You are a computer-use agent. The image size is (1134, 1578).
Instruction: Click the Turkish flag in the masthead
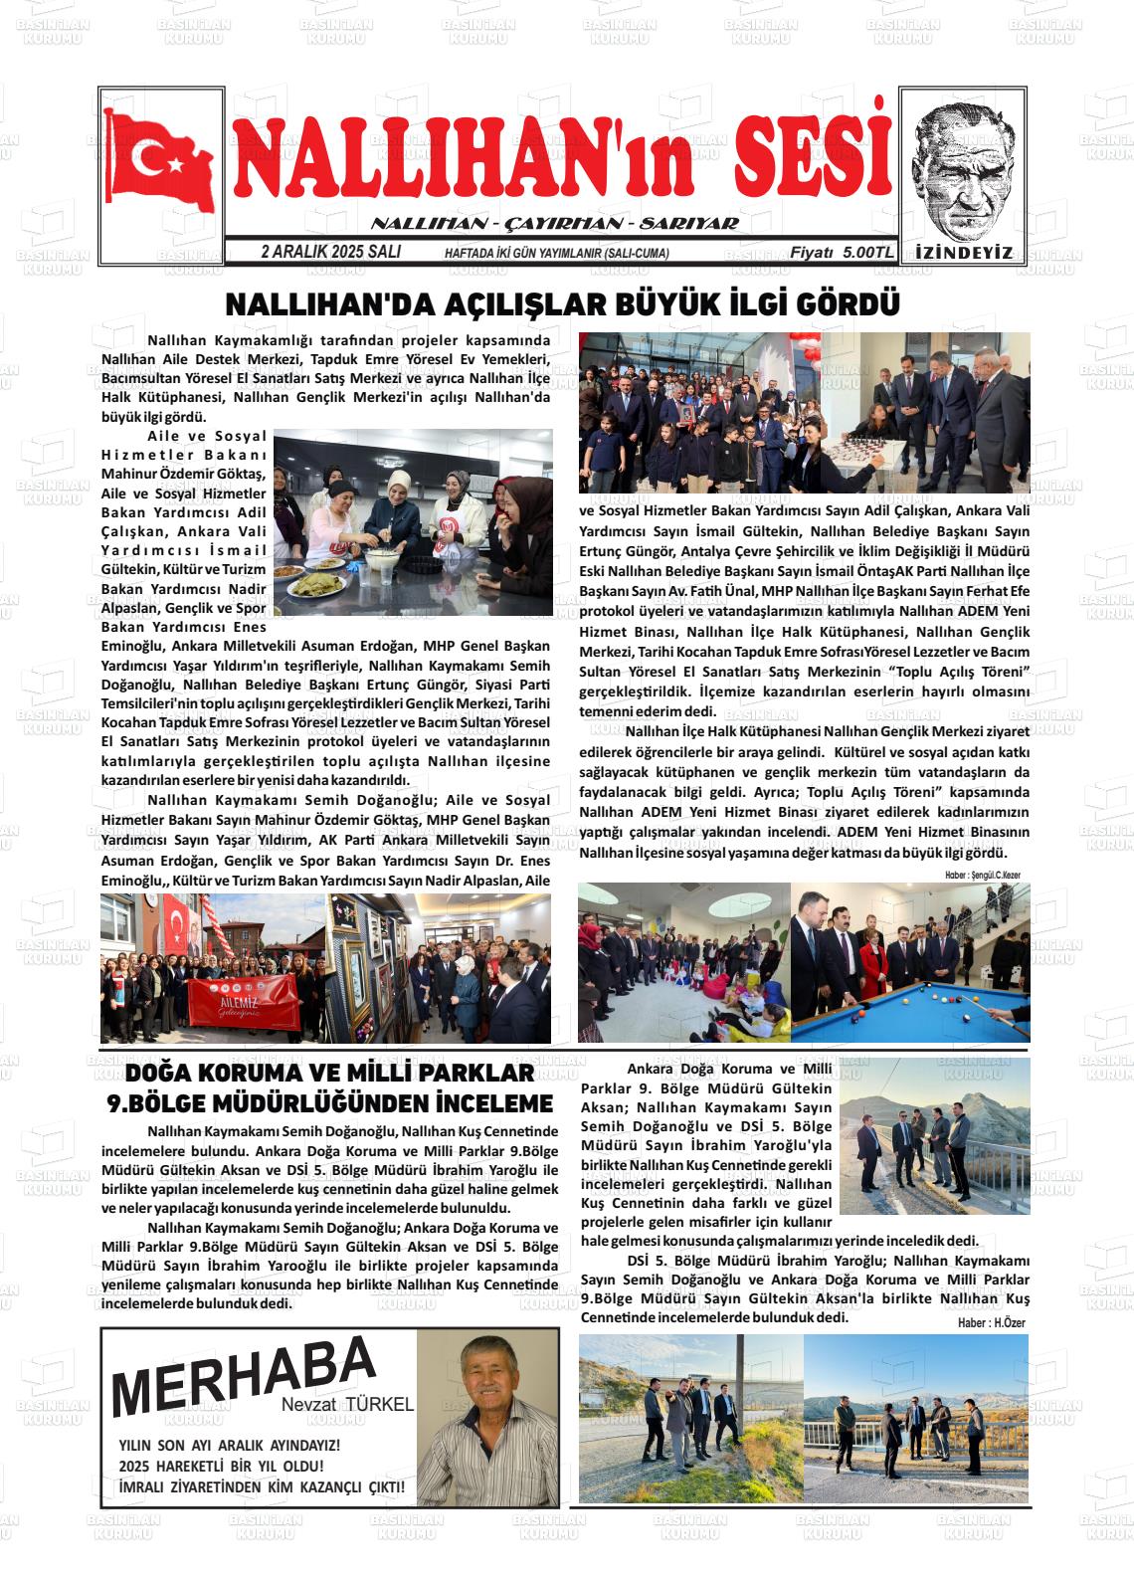click(x=162, y=161)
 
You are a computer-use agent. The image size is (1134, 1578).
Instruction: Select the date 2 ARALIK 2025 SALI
click(x=330, y=253)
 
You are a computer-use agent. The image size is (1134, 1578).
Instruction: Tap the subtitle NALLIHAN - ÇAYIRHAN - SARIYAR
click(x=554, y=224)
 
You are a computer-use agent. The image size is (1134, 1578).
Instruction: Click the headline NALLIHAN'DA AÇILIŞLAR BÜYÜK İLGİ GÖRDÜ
click(x=563, y=303)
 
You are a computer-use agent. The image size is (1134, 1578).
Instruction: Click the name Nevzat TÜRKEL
click(x=346, y=1405)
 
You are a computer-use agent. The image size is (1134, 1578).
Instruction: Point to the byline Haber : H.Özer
click(x=991, y=1322)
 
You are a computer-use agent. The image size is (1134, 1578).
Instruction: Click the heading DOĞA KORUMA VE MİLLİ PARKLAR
click(x=330, y=1074)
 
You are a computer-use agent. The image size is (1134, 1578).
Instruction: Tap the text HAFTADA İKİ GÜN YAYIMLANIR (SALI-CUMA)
click(x=556, y=254)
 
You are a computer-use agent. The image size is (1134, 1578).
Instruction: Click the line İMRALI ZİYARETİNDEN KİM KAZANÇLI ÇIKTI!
click(x=262, y=1487)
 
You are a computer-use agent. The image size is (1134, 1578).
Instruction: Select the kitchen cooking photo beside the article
click(x=413, y=521)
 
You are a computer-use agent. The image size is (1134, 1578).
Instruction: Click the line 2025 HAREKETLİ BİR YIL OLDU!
click(x=221, y=1466)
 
